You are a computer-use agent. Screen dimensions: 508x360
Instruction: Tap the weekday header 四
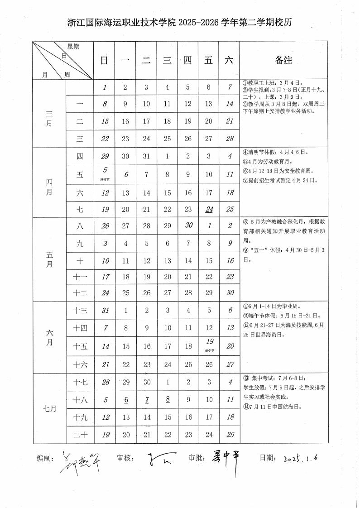click(x=187, y=61)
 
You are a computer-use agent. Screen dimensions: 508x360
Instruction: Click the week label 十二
click(x=80, y=292)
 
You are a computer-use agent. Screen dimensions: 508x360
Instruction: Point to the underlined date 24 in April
click(x=209, y=209)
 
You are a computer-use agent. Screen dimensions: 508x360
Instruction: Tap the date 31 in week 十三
click(x=105, y=311)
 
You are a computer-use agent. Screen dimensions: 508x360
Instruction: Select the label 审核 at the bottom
click(x=125, y=458)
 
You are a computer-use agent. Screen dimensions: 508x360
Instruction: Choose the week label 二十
click(x=80, y=435)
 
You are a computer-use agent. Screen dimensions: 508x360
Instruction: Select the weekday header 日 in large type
click(x=104, y=61)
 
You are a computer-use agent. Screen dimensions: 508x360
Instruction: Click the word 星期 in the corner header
click(x=73, y=47)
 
